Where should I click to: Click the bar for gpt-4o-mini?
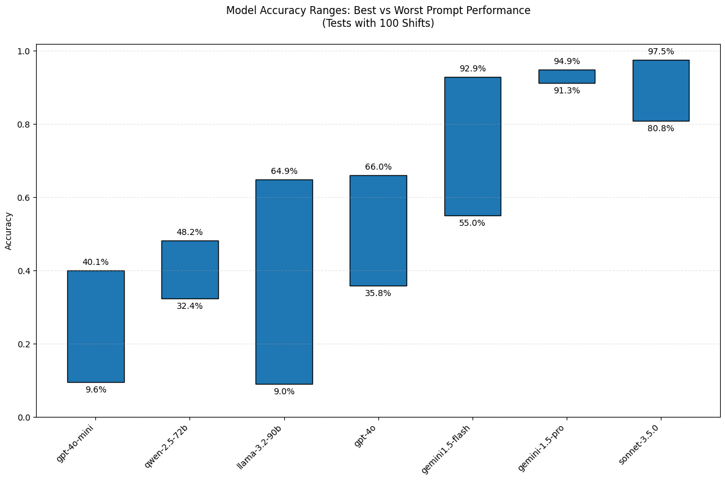[95, 326]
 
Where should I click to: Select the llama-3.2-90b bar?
[284, 281]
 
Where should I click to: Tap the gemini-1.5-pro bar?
[566, 76]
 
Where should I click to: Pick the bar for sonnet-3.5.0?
[660, 90]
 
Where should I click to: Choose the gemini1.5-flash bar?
[472, 146]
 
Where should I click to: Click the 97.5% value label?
[660, 52]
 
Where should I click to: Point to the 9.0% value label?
[284, 392]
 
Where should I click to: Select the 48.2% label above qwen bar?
[190, 233]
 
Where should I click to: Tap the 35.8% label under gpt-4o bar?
[378, 294]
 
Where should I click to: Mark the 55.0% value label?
[472, 223]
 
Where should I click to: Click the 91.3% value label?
[566, 91]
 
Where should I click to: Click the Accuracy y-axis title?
[9, 231]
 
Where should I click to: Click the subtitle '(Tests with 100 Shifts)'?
[378, 24]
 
